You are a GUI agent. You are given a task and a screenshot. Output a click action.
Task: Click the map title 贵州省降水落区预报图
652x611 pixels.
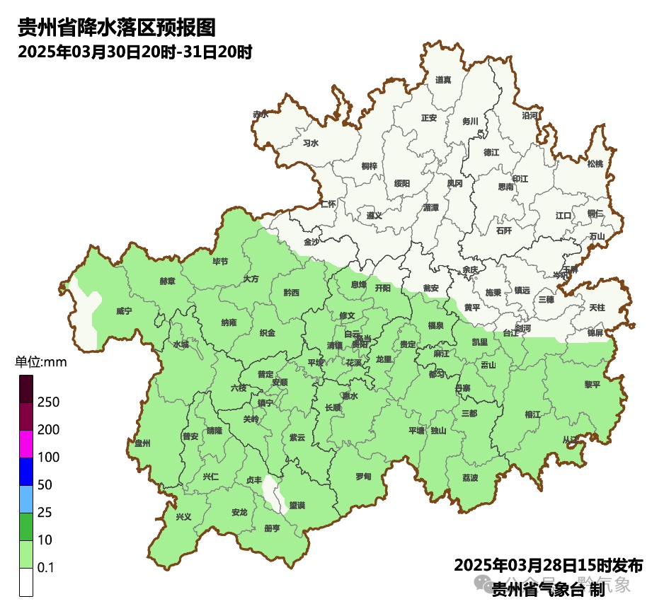[116, 28]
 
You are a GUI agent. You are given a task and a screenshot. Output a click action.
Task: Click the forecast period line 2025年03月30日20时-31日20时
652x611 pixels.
[135, 52]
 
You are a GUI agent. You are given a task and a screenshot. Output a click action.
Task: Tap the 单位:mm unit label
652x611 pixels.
[40, 363]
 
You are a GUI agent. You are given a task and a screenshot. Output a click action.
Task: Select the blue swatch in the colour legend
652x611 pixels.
[26, 472]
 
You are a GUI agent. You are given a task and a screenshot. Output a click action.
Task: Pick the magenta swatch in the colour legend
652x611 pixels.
[26, 444]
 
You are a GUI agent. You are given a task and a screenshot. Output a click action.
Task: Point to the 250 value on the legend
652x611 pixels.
[49, 402]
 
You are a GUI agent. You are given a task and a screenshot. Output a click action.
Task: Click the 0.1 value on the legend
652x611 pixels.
[46, 568]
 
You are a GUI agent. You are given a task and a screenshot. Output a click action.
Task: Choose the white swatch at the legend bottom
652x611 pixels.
[26, 582]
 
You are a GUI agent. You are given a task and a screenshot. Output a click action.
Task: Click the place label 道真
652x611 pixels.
[443, 80]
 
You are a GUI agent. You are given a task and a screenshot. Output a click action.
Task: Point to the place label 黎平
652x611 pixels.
[592, 385]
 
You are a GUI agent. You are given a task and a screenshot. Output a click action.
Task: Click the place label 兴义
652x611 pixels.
[183, 517]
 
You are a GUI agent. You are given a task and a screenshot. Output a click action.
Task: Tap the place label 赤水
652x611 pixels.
[261, 114]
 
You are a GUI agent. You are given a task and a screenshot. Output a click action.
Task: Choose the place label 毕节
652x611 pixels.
[221, 262]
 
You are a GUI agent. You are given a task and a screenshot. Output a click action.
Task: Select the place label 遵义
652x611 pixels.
[374, 215]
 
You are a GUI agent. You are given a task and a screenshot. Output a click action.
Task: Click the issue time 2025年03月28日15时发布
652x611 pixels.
[548, 566]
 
